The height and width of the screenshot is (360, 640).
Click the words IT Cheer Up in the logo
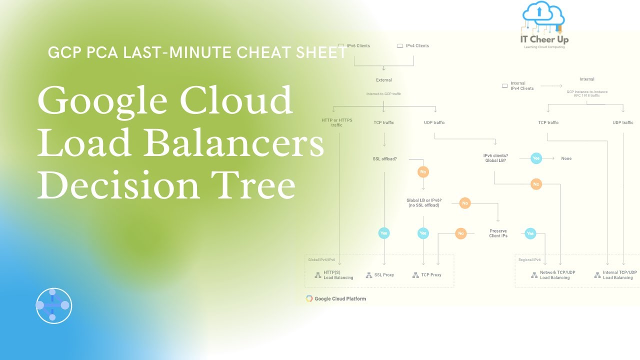coord(544,39)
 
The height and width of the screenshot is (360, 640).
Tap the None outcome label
coord(566,158)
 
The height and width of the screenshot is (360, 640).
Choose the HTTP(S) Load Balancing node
coord(338,275)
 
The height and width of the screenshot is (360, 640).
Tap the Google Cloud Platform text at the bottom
coord(340,299)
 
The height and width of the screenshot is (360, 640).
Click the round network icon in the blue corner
coord(54,305)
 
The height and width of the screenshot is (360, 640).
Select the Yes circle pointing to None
coord(536,158)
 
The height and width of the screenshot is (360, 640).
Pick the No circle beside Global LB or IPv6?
coord(465,203)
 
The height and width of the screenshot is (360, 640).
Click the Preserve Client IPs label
coord(498,233)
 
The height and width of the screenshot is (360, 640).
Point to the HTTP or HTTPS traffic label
coord(337,122)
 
